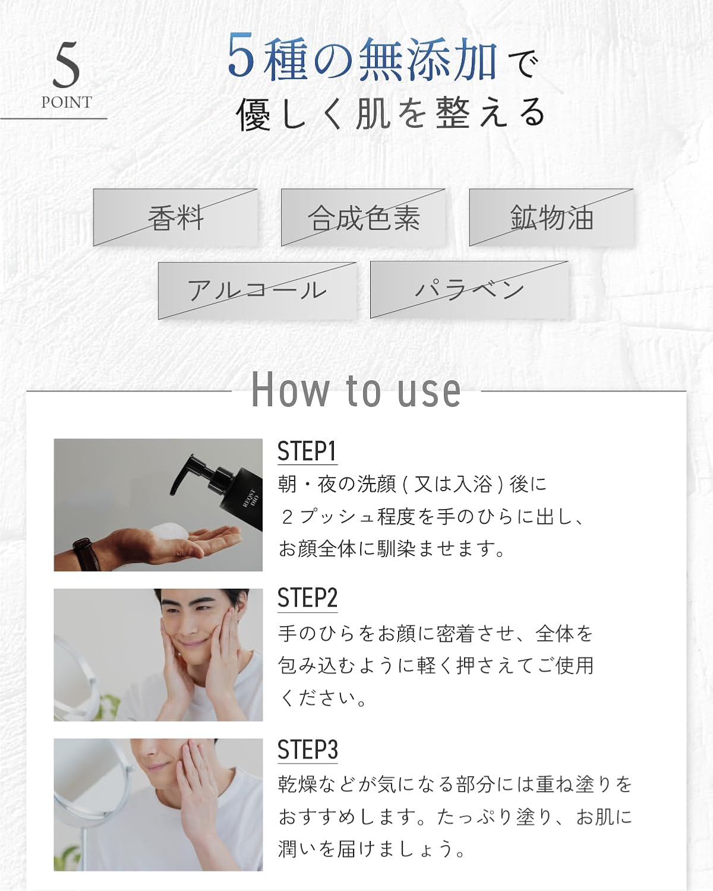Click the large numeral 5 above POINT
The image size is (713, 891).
[66, 65]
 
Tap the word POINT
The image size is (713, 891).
[67, 102]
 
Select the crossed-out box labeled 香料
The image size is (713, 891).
[175, 217]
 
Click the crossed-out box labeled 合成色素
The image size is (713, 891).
[364, 217]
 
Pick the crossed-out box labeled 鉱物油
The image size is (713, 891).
[551, 217]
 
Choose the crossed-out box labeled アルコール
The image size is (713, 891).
[257, 290]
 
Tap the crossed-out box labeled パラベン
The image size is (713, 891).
[469, 290]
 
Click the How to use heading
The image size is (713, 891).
[356, 390]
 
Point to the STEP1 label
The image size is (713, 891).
[307, 451]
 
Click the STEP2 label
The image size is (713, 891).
[307, 599]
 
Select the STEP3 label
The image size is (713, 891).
[307, 749]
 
